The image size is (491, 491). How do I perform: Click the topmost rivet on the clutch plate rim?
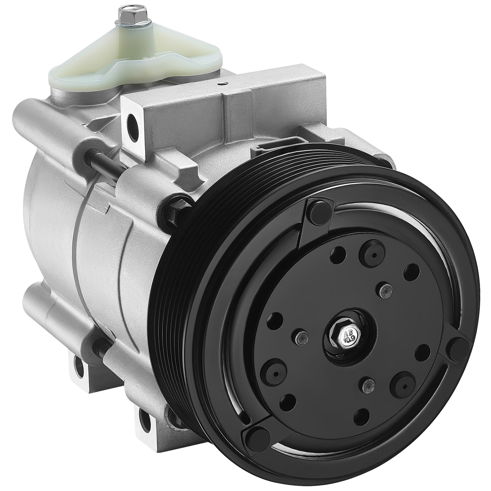click(x=316, y=212)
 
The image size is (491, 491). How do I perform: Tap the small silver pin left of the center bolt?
click(x=302, y=335)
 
